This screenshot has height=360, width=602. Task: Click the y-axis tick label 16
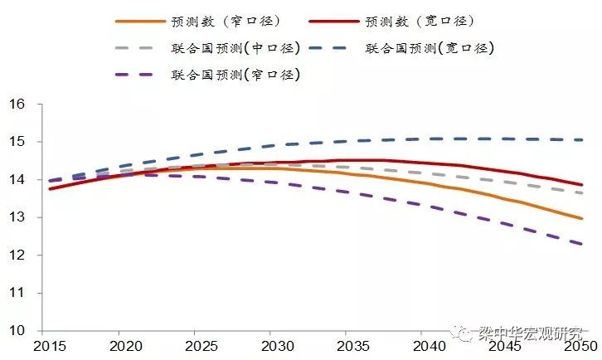(17, 105)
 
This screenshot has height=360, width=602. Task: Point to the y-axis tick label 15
(17, 142)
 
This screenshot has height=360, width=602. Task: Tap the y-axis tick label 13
(17, 217)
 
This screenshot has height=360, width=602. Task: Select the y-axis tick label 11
(17, 293)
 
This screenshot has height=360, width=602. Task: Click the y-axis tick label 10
(17, 331)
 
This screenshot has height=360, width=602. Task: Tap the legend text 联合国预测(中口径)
(235, 48)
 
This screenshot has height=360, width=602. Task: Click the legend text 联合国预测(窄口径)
(235, 75)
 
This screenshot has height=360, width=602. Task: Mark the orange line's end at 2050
(582, 218)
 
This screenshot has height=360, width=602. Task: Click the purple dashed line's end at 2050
(582, 244)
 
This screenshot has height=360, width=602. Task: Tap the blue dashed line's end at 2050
(582, 140)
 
